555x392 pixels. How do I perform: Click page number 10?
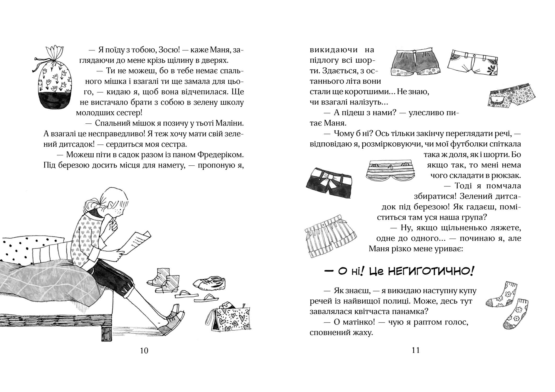click(144, 350)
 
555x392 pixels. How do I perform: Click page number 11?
click(416, 350)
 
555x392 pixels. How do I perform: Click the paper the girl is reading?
click(138, 242)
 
